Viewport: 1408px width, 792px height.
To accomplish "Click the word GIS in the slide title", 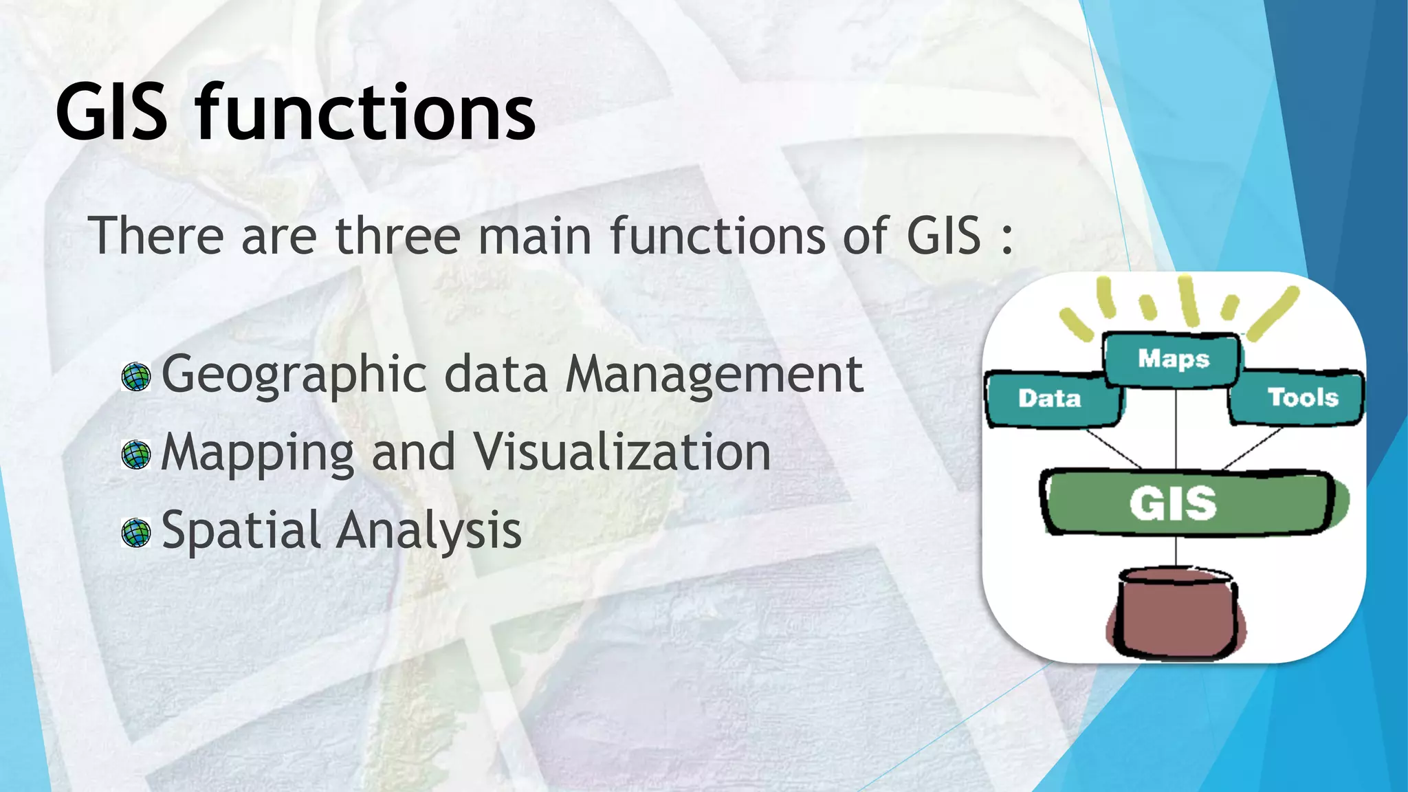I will [111, 112].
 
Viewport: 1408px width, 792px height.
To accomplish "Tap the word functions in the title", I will [365, 112].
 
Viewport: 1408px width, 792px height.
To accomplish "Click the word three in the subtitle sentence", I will [397, 236].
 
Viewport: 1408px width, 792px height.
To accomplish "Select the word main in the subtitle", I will [534, 236].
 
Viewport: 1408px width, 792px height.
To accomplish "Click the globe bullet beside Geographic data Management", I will [135, 377].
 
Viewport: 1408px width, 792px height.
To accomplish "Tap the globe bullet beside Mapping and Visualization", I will [135, 454].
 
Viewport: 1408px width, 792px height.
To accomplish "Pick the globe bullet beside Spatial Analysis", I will [135, 533].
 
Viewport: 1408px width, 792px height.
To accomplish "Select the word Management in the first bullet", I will [714, 375].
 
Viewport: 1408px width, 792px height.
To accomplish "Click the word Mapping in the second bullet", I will [257, 454].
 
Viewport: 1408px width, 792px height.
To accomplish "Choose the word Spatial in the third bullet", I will [240, 531].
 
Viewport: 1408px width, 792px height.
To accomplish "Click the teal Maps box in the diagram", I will [1172, 360].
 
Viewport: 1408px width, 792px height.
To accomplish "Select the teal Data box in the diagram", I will [1051, 399].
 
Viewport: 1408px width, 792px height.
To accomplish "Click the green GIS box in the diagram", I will [1186, 503].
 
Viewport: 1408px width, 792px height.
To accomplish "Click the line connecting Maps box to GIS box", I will [1176, 430].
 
